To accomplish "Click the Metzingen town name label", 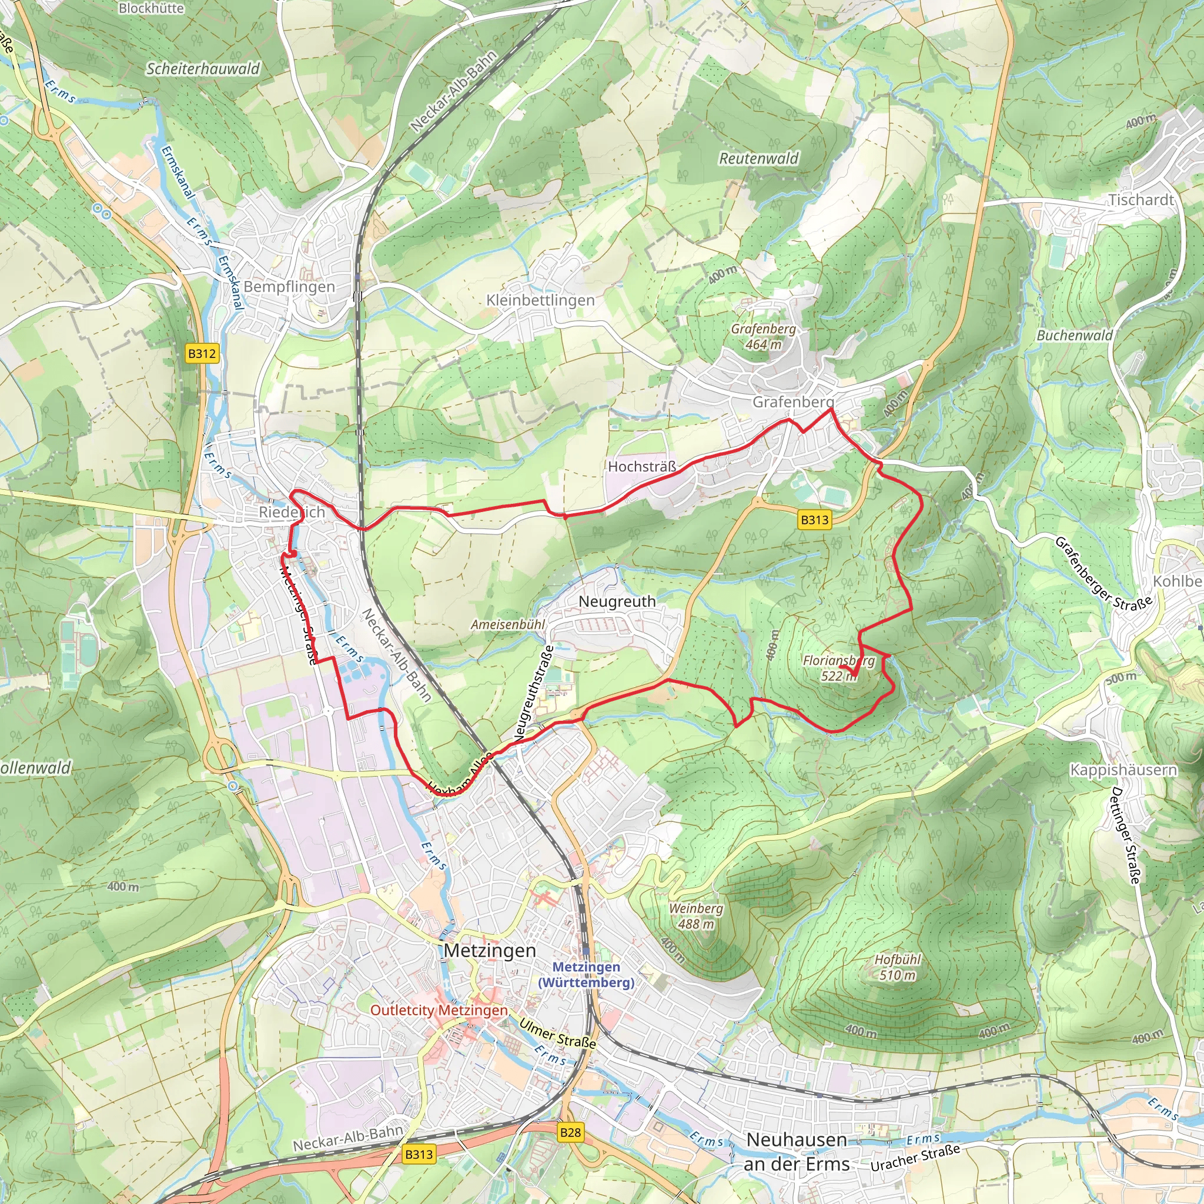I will [490, 951].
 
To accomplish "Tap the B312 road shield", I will [202, 354].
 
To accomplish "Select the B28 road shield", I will [570, 1132].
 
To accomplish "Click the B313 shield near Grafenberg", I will [814, 520].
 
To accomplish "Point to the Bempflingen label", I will [289, 287].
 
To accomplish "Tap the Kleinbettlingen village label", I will [540, 300].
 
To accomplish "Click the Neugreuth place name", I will [617, 601].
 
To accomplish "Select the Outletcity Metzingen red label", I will [439, 1010].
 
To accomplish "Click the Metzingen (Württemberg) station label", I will [586, 975].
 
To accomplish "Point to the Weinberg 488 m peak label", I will [696, 916].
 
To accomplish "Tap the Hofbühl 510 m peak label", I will [897, 967].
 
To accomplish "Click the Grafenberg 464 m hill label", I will [764, 336].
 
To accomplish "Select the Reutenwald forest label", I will [758, 159].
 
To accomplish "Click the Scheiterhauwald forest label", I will [203, 69].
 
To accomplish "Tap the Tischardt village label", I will [1141, 200].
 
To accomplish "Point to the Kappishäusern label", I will [1123, 770].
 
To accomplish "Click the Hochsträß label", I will [642, 467].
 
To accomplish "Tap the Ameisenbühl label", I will [508, 624].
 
